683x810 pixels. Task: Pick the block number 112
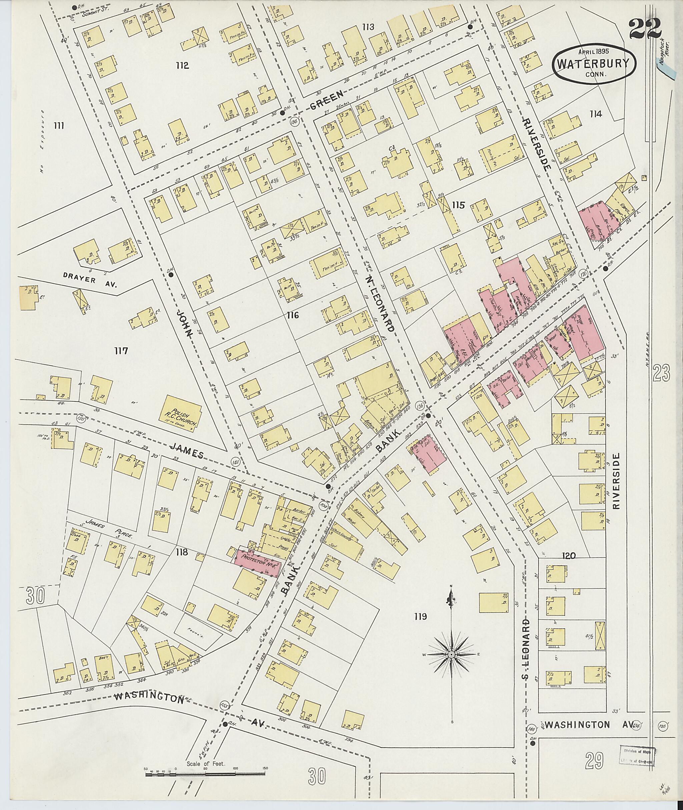coord(182,65)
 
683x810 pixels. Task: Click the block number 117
coord(121,351)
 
